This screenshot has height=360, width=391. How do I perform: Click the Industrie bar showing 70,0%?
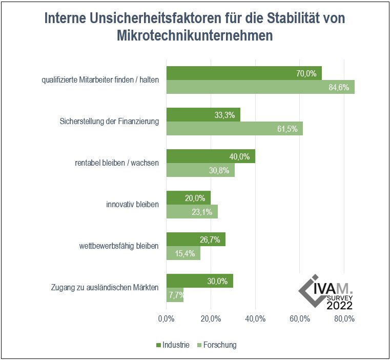click(x=244, y=73)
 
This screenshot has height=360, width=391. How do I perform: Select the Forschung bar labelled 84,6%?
click(x=260, y=87)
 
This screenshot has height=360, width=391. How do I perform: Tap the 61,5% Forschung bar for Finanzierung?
click(x=235, y=128)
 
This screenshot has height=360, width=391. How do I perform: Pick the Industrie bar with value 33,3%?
click(x=203, y=115)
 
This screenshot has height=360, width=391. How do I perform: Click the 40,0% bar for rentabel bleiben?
click(x=211, y=156)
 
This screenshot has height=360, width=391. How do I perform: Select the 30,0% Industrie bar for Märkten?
click(x=200, y=281)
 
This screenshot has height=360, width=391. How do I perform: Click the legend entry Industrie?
click(x=172, y=345)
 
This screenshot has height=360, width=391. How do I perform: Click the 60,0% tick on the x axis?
click(x=300, y=318)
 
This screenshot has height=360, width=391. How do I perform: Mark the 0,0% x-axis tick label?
click(x=167, y=318)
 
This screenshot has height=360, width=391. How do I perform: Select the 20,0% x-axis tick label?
click(x=211, y=318)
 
